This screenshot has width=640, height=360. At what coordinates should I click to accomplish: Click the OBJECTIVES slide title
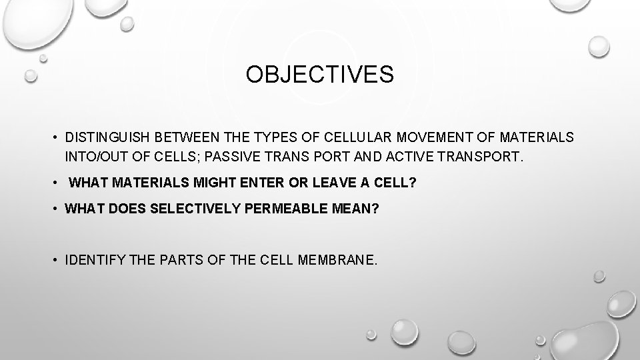pyautogui.click(x=319, y=75)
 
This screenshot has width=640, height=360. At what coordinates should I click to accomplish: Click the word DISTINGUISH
pyautogui.click(x=109, y=137)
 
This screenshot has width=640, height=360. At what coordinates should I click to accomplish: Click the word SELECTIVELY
pyautogui.click(x=197, y=209)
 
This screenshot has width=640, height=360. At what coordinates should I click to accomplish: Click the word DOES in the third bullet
pyautogui.click(x=128, y=209)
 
